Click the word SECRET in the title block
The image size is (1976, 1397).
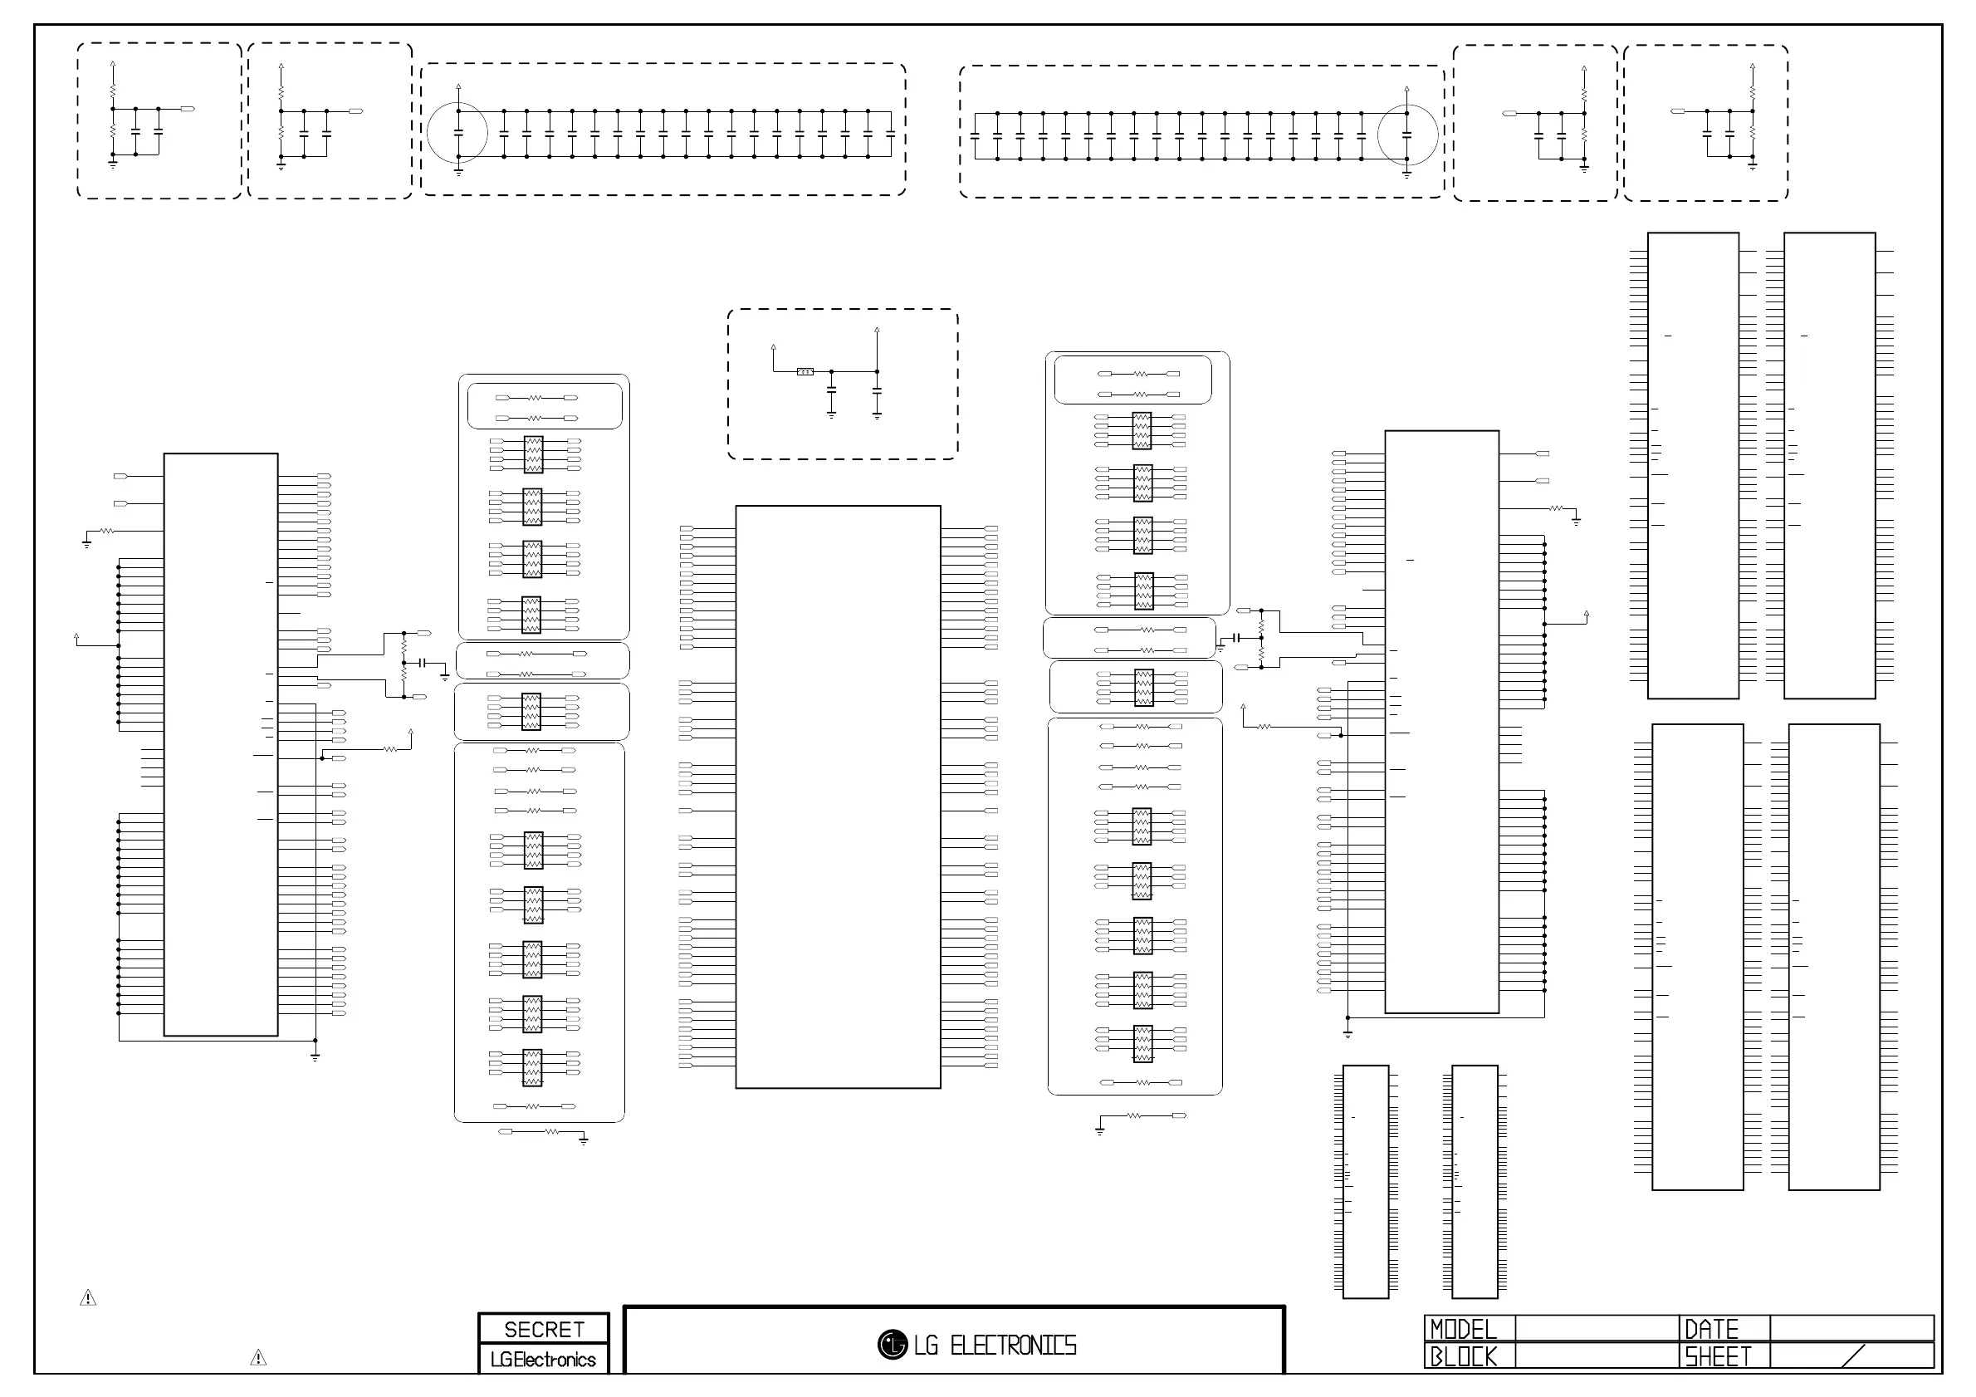pos(544,1330)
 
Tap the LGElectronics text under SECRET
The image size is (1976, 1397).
pos(543,1360)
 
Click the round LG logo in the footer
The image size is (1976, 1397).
pos(893,1345)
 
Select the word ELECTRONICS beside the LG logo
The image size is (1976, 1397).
pos(1013,1346)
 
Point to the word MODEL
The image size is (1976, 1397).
pos(1463,1330)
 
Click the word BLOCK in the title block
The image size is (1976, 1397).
pos(1463,1356)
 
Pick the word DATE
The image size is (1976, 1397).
pos(1711,1330)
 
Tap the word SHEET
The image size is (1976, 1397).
pos(1718,1356)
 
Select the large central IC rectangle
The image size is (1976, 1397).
pos(838,797)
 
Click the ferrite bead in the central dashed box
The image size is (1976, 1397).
pos(805,372)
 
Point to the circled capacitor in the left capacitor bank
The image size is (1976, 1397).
pos(457,133)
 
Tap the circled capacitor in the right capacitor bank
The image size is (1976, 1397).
pos(1406,135)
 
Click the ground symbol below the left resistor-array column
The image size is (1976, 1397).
pos(584,1140)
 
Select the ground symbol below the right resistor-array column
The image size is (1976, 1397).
pos(1100,1130)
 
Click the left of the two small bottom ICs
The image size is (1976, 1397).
pos(1366,1181)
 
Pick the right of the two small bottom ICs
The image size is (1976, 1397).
pos(1475,1181)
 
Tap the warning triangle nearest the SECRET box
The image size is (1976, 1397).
pos(258,1358)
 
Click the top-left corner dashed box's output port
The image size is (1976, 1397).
pos(188,110)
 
